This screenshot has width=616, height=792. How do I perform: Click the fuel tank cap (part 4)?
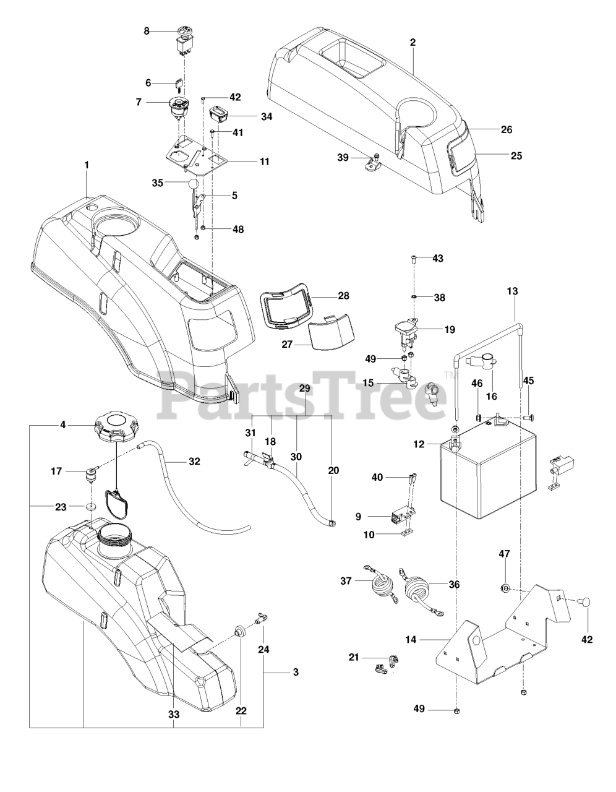(x=115, y=427)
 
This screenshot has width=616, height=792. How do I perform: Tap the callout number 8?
(x=147, y=30)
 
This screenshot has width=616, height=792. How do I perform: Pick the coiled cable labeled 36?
(x=419, y=595)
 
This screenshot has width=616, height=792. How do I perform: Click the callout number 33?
(x=174, y=714)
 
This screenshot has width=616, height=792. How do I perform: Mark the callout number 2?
(x=413, y=43)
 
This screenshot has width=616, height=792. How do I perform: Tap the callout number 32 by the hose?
(x=194, y=461)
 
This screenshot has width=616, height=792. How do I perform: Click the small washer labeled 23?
(x=92, y=507)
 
